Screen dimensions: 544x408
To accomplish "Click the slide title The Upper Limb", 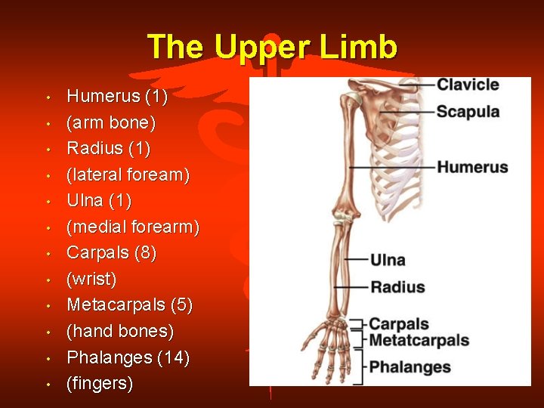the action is (x=272, y=47).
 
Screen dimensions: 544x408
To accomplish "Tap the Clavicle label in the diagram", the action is (x=468, y=85).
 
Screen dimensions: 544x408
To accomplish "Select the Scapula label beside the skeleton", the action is (x=468, y=112).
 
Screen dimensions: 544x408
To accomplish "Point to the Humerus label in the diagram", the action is (x=472, y=167).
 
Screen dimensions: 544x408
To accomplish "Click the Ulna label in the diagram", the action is (x=388, y=260).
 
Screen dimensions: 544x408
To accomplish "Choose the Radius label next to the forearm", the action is (x=397, y=287).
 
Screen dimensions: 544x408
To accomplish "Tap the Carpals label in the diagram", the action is (x=399, y=325).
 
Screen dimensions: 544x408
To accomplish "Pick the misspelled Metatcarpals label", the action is (x=419, y=341).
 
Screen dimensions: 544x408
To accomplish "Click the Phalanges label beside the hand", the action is (x=410, y=368).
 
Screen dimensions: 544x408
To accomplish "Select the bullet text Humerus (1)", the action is (x=117, y=97).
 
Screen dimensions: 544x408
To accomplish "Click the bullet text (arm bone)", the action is (x=110, y=122).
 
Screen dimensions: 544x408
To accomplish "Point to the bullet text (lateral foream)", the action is (x=128, y=175).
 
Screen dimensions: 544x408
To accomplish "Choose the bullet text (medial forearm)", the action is (x=133, y=227).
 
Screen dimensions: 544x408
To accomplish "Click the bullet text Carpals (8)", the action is (x=112, y=253).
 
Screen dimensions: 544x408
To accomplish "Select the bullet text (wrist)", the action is (x=91, y=280).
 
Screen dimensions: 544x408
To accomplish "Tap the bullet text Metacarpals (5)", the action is (x=130, y=305).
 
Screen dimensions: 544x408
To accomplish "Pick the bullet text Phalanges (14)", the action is (x=128, y=357).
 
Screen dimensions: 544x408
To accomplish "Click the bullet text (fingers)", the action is (x=100, y=384).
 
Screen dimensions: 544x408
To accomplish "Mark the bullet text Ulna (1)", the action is (x=99, y=201).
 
